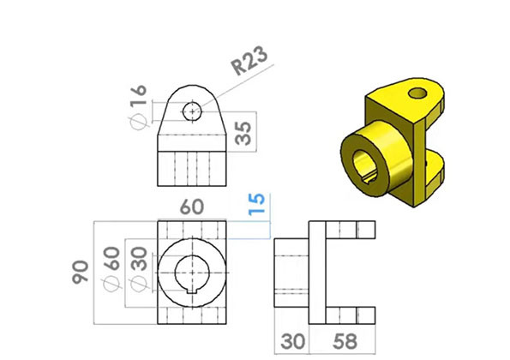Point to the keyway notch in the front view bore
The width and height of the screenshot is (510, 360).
click(x=193, y=294)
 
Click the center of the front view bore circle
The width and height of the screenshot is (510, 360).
click(x=193, y=272)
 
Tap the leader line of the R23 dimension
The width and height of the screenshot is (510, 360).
click(x=219, y=92)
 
